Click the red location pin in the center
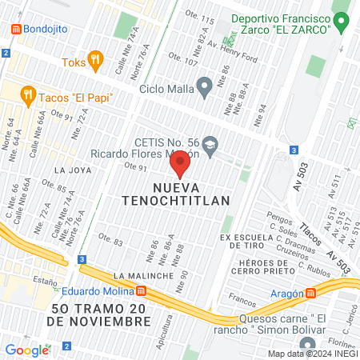point(180,162)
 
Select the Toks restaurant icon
point(96,58)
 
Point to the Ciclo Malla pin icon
point(204,86)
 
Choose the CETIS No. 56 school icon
point(210,144)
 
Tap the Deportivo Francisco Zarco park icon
point(342,18)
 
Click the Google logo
point(26,350)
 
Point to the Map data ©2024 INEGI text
point(310,354)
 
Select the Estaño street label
point(45,279)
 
